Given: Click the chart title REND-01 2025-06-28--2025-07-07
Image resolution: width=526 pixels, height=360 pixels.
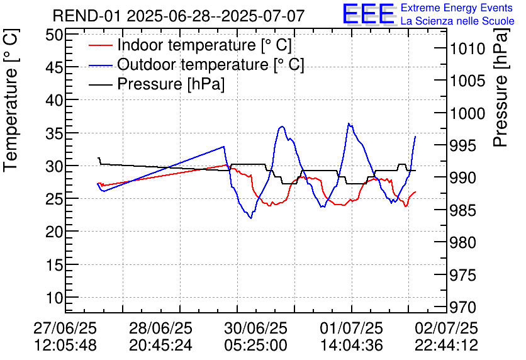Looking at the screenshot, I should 179,15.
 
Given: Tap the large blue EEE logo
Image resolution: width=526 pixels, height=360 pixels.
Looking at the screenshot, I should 369,14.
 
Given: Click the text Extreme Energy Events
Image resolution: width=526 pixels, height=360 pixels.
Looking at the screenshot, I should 457,8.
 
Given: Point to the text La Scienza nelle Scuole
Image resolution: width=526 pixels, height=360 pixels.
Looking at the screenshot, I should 457,21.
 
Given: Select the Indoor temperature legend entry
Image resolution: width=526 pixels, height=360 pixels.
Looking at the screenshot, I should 204,45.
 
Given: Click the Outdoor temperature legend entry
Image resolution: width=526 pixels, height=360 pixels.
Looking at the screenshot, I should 211,65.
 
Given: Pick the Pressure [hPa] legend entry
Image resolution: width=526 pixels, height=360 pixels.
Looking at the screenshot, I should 171,84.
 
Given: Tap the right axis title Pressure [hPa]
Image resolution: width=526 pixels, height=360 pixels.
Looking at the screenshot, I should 501,94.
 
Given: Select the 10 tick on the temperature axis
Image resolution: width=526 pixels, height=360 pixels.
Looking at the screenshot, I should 56,298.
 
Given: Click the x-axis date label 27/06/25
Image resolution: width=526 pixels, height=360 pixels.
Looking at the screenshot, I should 64,328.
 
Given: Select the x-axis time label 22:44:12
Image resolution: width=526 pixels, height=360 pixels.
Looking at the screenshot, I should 446,345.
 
